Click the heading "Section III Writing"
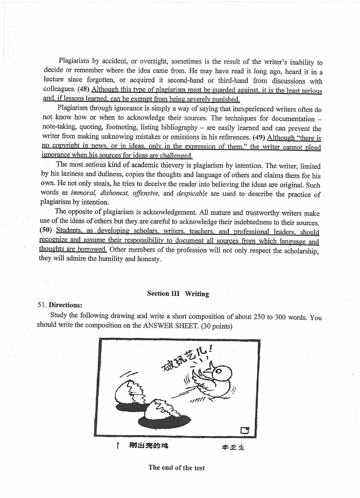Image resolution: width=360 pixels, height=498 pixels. point(178,293)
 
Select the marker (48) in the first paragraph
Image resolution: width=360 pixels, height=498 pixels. point(83,89)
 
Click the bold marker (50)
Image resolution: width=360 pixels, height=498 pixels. point(46,231)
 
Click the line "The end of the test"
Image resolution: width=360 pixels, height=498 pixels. point(177,468)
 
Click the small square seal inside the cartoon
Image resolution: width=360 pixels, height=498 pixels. point(245,430)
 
